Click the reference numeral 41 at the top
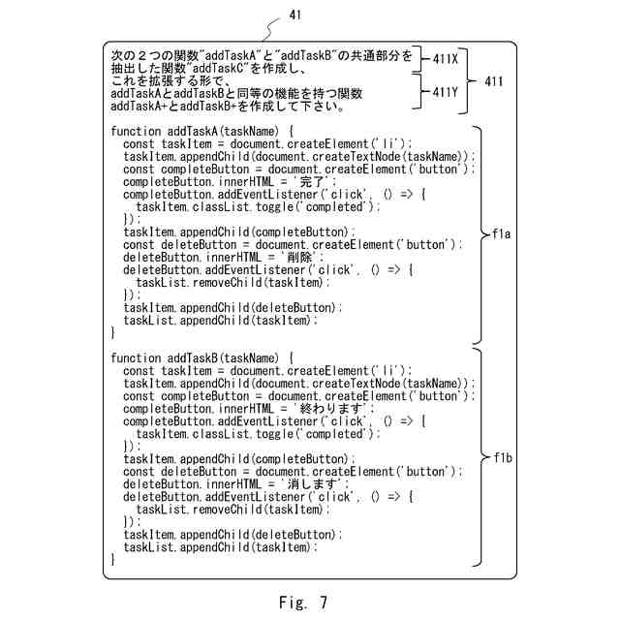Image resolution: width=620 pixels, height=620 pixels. (x=295, y=15)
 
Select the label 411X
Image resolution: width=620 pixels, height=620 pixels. (x=446, y=59)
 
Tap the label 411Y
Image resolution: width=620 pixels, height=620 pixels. (x=446, y=92)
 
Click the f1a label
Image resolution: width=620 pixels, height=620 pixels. (x=502, y=234)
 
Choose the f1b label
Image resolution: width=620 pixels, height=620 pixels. (x=502, y=458)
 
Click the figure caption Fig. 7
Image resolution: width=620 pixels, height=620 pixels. (x=302, y=603)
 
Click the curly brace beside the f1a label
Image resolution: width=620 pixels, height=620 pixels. (x=478, y=234)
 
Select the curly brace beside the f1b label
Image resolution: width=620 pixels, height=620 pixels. (x=478, y=458)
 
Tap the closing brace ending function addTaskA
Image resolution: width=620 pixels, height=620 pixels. (x=114, y=332)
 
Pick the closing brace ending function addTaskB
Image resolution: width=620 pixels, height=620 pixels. (x=114, y=560)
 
